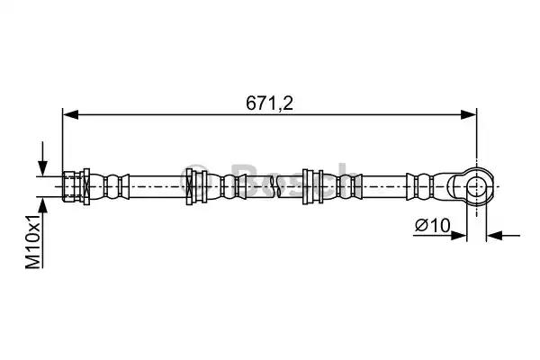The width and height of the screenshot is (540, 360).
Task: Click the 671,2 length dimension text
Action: point(269,103)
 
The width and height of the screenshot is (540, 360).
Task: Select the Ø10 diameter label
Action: point(433,226)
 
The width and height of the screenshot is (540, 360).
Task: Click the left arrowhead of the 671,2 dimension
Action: point(70,115)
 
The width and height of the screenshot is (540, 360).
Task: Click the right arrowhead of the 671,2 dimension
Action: point(469,115)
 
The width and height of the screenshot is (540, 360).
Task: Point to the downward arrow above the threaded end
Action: point(42,158)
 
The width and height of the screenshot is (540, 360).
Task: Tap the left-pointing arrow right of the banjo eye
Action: point(503,236)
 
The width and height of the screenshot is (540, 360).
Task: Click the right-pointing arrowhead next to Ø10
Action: point(459,236)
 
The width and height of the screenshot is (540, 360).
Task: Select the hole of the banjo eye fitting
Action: point(477,186)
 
